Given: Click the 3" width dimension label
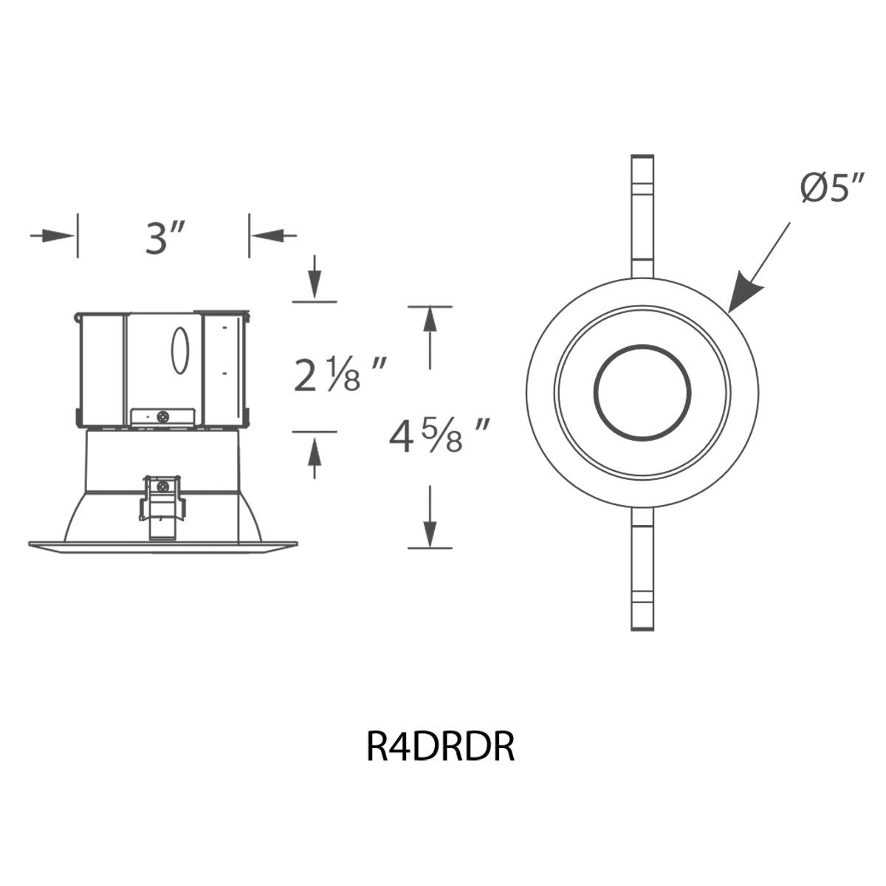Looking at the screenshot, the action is pos(165,238).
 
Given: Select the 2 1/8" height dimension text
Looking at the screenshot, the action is pos(339,374).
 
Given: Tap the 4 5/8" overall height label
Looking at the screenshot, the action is pos(438,435).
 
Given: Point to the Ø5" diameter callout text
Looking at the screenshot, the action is pos(832,187).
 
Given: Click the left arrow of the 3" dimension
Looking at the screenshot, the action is pos(52,236).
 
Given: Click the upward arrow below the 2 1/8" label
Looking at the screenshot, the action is pos(315,458).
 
